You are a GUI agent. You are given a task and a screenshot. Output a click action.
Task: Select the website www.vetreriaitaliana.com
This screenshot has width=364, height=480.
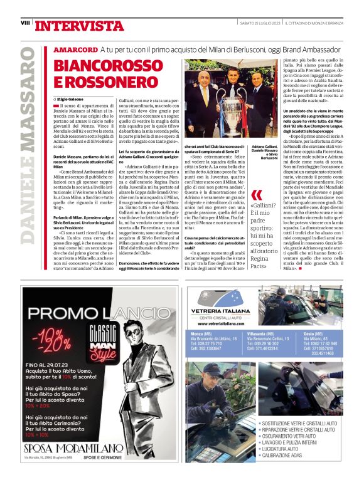pyautogui.click(x=218, y=324)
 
